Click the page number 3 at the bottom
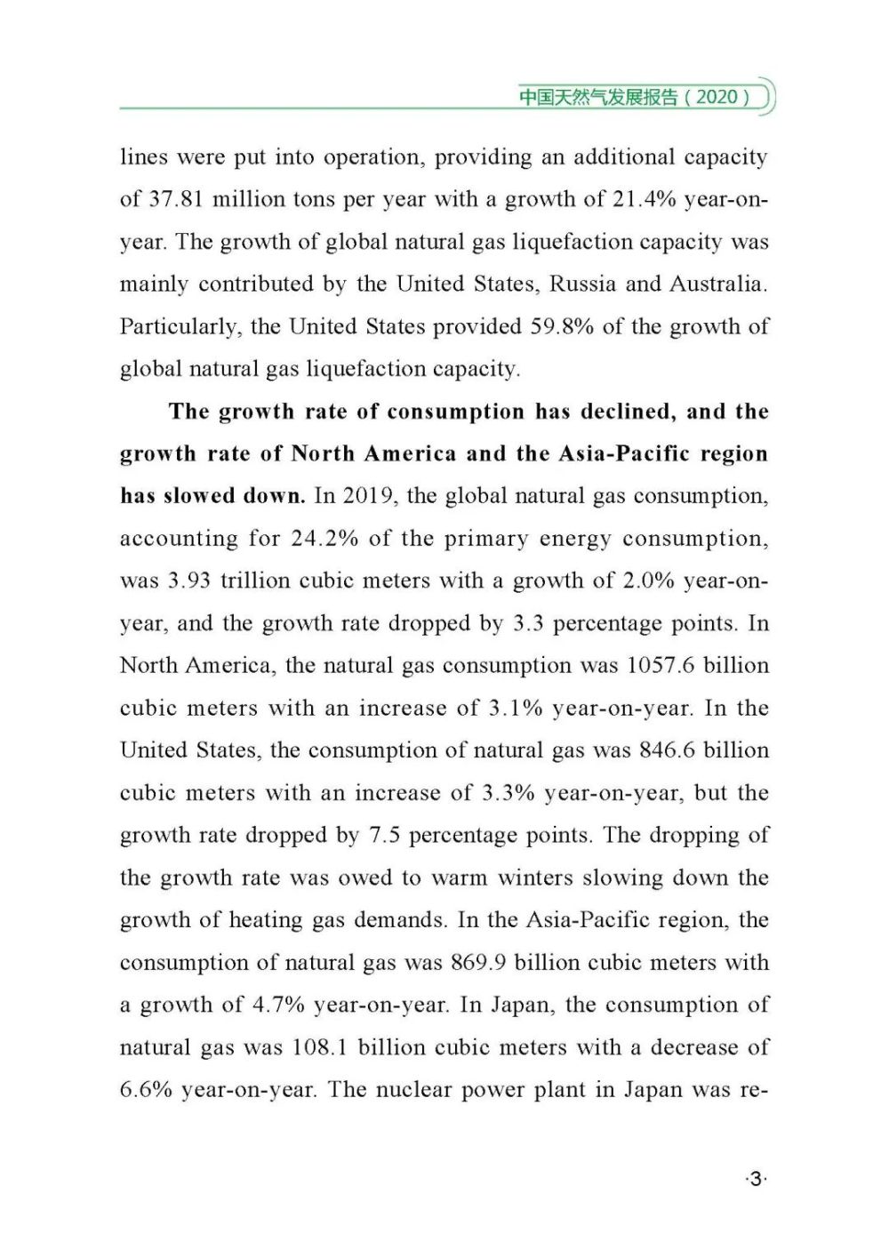click(756, 1180)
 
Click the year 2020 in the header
click(717, 97)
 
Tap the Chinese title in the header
click(597, 97)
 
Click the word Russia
click(583, 284)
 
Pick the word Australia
click(717, 284)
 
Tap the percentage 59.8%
click(562, 326)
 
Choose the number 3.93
click(188, 581)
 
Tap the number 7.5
click(384, 836)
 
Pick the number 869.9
click(478, 963)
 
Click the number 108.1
click(318, 1047)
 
